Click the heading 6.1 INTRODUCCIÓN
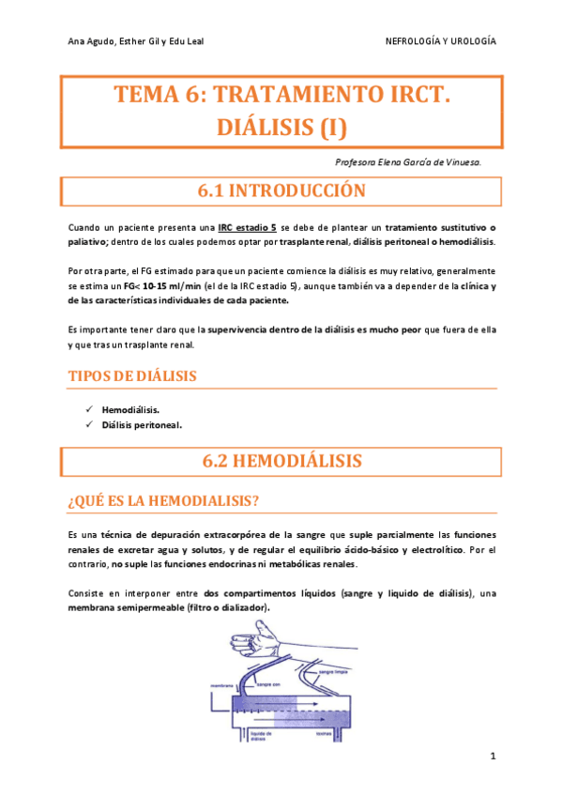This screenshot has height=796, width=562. click(x=281, y=191)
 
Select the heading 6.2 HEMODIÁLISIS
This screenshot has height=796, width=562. click(x=281, y=461)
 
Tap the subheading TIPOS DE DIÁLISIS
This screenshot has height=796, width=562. click(x=132, y=375)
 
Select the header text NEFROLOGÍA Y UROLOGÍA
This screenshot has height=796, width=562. click(x=441, y=42)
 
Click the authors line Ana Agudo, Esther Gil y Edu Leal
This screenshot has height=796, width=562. click(x=137, y=42)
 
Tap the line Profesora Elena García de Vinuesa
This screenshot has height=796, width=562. click(x=408, y=162)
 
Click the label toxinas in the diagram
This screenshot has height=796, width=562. click(x=325, y=734)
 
